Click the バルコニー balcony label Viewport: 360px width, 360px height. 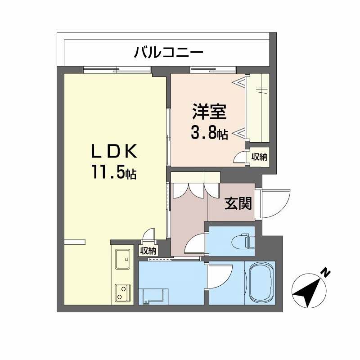tap(168, 53)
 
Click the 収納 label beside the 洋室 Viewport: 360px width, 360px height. tap(259, 157)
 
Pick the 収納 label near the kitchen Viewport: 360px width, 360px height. tap(148, 251)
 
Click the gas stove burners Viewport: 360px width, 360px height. tap(122, 292)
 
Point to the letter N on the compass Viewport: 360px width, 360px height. tap(325, 272)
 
